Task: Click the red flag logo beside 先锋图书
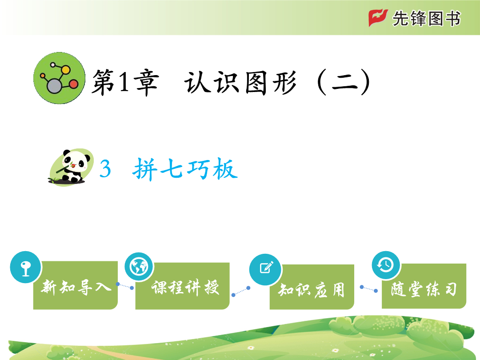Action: point(378,18)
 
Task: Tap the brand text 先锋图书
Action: point(426,18)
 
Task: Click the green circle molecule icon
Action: point(60,78)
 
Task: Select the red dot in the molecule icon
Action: point(73,84)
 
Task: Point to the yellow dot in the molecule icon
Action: point(65,70)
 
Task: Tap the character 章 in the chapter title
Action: point(147,82)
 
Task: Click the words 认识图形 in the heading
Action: point(240,82)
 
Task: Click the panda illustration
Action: point(71,167)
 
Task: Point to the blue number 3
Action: point(105,169)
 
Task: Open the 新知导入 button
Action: point(76,285)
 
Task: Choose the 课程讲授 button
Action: point(183,286)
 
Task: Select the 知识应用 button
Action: point(312,287)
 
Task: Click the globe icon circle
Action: point(139,267)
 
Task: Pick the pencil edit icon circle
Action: point(265,269)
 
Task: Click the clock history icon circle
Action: point(386,265)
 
